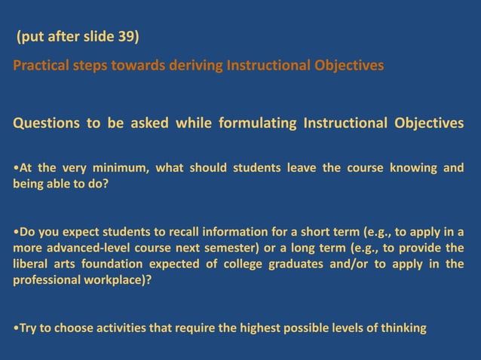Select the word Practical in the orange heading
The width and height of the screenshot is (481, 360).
pos(40,66)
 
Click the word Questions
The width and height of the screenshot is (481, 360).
pos(45,123)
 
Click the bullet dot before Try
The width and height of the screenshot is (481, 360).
pos(16,328)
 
